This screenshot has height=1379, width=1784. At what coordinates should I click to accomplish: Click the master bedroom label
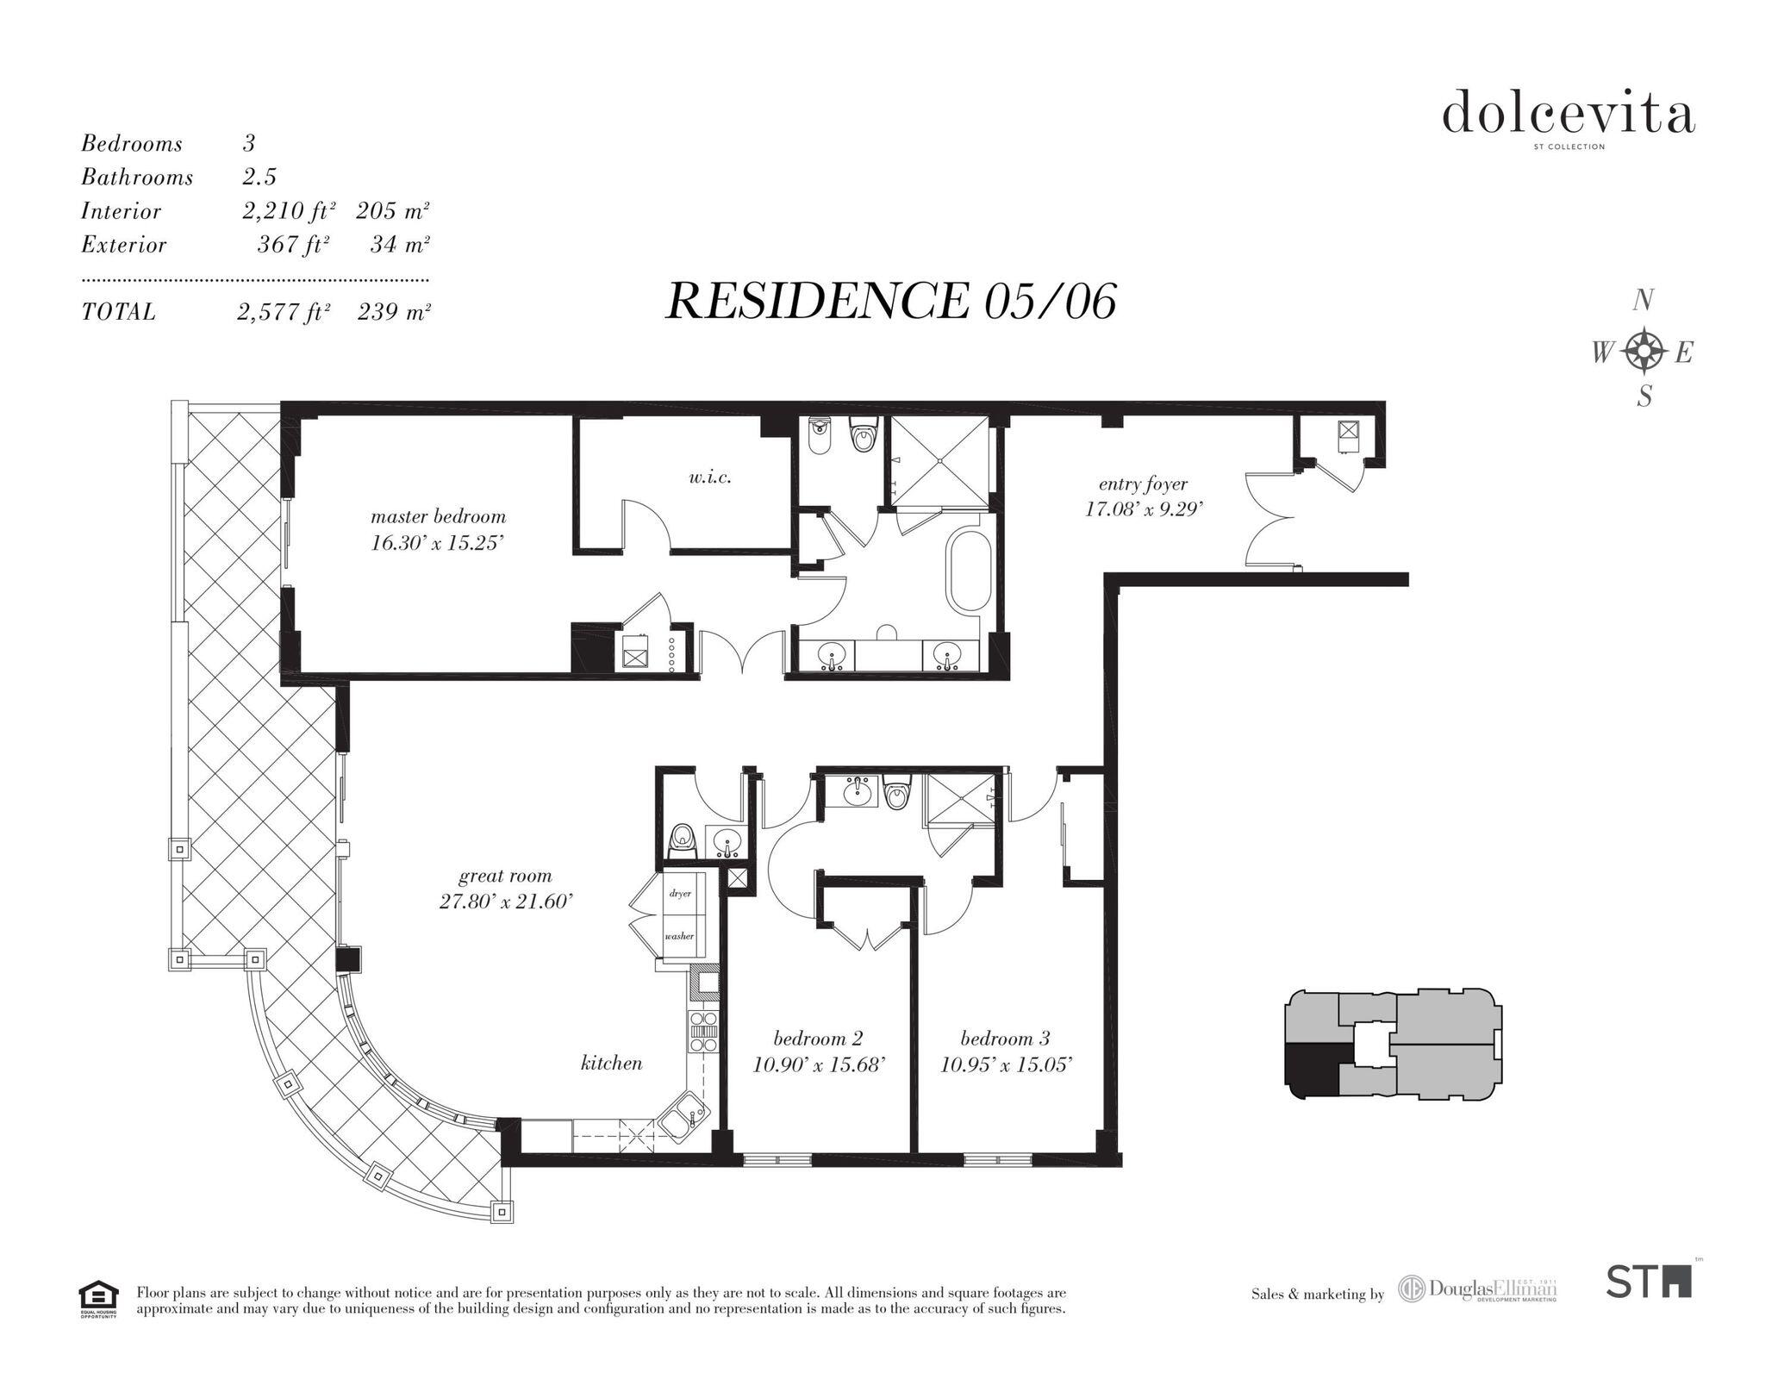coord(438,517)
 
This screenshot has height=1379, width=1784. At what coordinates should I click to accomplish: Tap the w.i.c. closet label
coord(710,477)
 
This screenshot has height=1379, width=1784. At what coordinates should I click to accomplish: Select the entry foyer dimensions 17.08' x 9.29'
coord(1143,509)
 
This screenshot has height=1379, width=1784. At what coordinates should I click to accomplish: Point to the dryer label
coord(680,894)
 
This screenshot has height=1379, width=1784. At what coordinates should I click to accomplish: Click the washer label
coord(679,936)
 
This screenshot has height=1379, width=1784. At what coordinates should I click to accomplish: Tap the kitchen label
coord(611,1064)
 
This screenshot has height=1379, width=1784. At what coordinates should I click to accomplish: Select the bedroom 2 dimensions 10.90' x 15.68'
coord(819,1065)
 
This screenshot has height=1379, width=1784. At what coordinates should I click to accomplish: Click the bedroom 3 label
coord(1005,1039)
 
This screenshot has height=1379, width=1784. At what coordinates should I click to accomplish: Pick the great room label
coord(505,877)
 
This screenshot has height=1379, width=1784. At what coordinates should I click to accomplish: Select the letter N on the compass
coord(1643,301)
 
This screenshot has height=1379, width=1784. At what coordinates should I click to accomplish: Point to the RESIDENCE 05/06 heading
coord(891,302)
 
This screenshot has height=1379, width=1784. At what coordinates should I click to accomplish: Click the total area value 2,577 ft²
coord(284,312)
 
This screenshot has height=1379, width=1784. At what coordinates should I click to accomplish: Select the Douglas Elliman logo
coord(1477,1290)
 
